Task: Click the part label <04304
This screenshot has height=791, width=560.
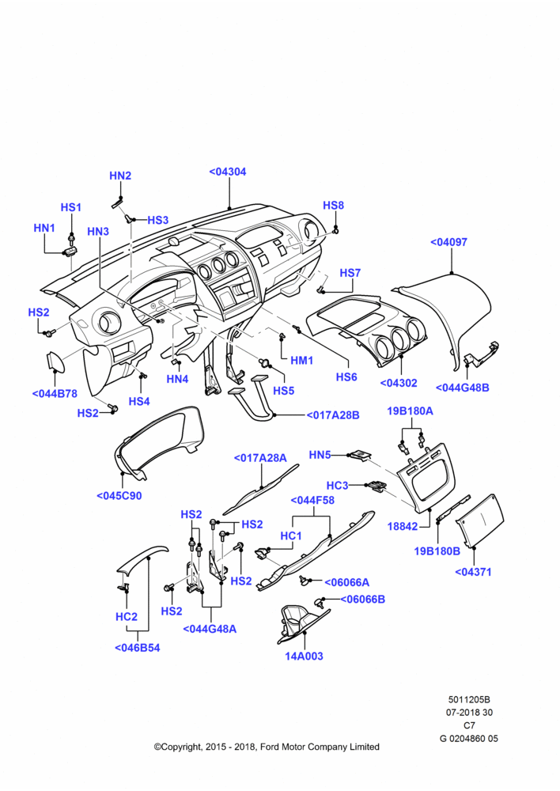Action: [x=228, y=172]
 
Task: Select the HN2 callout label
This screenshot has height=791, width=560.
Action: [x=120, y=176]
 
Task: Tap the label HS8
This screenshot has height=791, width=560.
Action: [x=333, y=206]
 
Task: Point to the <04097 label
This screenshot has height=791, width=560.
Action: [x=448, y=242]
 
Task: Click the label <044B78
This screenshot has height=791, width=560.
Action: [x=55, y=393]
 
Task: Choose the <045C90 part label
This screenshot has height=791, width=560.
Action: [x=119, y=496]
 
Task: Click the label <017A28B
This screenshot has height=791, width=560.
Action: [x=333, y=415]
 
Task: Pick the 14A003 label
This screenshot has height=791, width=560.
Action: [x=304, y=656]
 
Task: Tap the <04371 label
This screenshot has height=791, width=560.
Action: [x=473, y=572]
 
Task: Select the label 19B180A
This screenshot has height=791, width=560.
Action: [x=410, y=411]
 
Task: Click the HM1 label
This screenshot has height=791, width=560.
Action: [x=301, y=361]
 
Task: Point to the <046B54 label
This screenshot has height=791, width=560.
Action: [x=137, y=648]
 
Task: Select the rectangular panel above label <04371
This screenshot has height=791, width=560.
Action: [x=480, y=520]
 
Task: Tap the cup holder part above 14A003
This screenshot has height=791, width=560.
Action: [x=301, y=623]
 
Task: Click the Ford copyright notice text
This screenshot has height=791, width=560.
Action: [x=267, y=747]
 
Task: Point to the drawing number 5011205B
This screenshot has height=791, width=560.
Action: [x=469, y=700]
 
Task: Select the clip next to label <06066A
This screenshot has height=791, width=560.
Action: [x=305, y=581]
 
